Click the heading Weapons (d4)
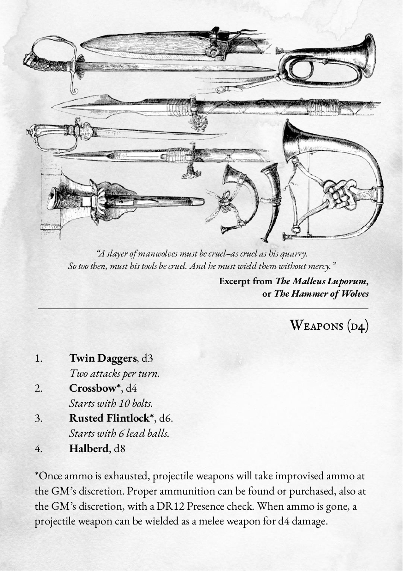329,325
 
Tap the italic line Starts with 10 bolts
111,403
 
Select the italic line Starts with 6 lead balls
119,434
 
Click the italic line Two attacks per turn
114,373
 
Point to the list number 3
39,418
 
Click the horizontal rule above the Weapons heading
203,308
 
